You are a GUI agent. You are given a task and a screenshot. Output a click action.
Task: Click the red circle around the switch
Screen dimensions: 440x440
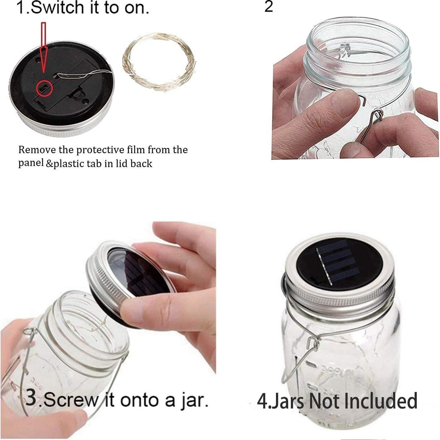(x=44, y=88)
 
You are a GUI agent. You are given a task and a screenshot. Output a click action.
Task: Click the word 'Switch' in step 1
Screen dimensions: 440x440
(x=58, y=8)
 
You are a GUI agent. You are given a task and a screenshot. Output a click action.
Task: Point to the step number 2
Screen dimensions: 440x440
(x=269, y=7)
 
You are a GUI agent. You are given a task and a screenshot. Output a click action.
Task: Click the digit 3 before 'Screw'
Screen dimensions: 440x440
(x=32, y=398)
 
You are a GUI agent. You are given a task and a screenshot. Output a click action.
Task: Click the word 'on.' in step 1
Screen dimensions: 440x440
(x=136, y=8)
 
